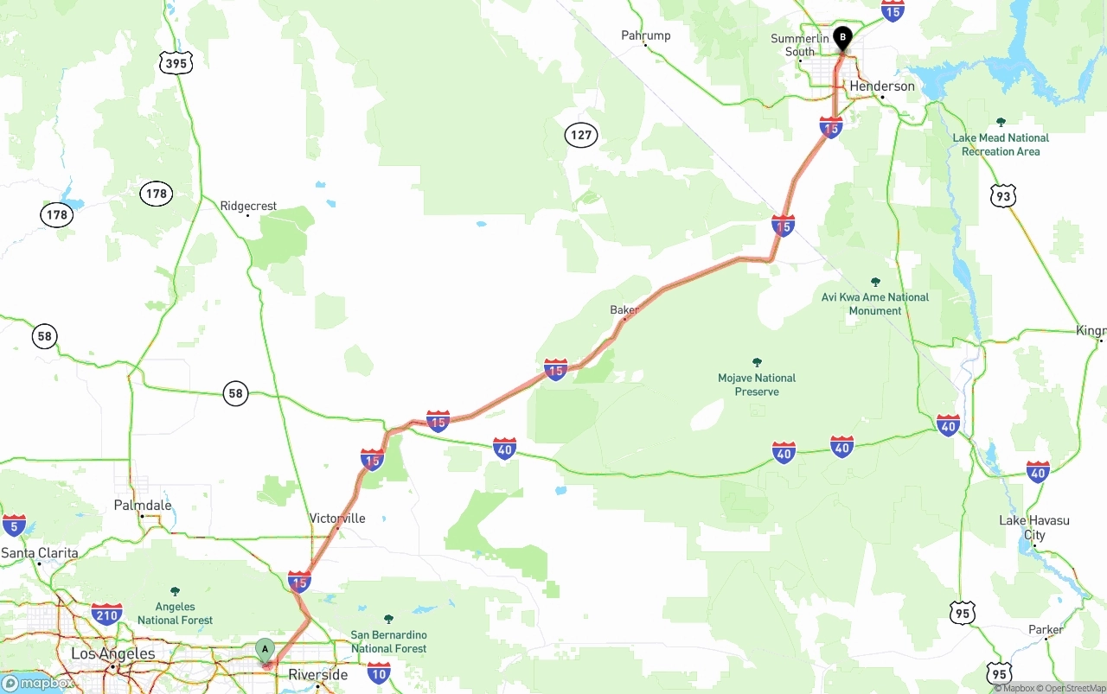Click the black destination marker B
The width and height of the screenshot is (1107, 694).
pos(841,39)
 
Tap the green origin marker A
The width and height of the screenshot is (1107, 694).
pos(265,649)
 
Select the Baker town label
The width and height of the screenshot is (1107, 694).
pos(624,309)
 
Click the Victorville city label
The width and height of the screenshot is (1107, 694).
pos(337,519)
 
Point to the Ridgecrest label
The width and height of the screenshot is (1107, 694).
pos(248,206)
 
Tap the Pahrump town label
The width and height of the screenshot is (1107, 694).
pos(645,35)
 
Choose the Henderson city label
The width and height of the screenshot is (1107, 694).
pos(881,86)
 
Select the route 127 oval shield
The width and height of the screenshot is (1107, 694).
pos(581,135)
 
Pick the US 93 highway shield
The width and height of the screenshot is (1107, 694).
pos(1002,196)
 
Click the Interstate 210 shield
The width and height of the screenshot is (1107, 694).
pos(106,614)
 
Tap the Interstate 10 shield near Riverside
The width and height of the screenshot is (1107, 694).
pos(378,672)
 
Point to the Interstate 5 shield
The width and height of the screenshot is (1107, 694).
pos(14,525)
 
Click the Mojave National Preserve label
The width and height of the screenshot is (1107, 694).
pos(757,385)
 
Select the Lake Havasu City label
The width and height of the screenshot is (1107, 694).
pos(1033,527)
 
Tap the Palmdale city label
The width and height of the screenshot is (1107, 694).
pos(143,506)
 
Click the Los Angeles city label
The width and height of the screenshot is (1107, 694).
pos(112,654)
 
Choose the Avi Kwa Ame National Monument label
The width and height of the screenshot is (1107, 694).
pos(874,303)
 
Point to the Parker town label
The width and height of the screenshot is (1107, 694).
pos(1045,629)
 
